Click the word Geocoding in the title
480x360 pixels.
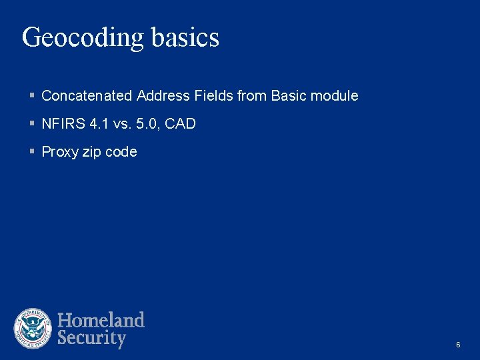83,38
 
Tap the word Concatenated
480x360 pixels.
87,96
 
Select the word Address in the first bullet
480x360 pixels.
163,96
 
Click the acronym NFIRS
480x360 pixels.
59,124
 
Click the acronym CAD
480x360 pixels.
180,124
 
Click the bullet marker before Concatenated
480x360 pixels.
32,96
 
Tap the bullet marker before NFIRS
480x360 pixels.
32,124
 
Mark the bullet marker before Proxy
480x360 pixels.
32,152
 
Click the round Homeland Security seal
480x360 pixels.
33,329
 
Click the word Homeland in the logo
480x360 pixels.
101,320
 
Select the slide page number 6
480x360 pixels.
458,345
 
